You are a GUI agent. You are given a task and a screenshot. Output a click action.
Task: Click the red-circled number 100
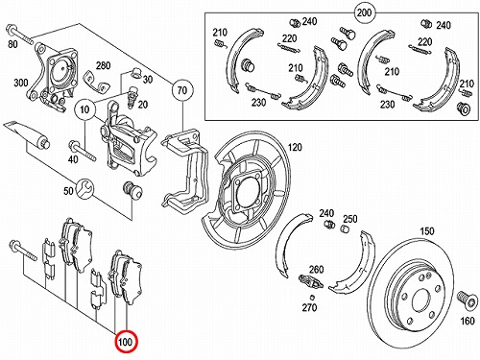(126, 342)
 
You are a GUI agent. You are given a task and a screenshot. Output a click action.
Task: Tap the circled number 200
(364, 12)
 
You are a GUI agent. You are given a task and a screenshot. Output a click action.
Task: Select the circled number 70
(182, 90)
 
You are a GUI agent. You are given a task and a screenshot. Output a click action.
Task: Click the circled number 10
(84, 109)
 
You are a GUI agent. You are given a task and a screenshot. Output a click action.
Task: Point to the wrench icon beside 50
(85, 189)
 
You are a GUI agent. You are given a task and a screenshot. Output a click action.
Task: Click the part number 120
(295, 147)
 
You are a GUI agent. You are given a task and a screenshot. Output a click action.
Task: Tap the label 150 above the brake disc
(427, 231)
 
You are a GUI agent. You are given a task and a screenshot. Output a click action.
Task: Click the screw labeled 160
(466, 300)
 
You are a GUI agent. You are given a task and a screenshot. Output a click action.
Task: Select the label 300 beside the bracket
(21, 84)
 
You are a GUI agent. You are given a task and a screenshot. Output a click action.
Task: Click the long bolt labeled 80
(19, 36)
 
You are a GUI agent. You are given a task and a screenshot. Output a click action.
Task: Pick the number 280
(103, 65)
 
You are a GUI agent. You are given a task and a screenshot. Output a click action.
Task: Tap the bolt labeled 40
(83, 150)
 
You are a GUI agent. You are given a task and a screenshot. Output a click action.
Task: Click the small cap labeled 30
(136, 73)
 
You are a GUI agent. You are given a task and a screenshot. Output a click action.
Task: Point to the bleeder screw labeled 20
(132, 97)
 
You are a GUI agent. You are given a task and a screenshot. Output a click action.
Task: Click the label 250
(350, 219)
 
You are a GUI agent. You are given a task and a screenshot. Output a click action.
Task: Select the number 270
(309, 307)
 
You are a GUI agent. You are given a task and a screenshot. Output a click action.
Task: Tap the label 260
(316, 270)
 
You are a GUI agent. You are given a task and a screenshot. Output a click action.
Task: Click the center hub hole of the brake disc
(422, 301)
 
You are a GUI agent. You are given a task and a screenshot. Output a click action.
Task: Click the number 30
(148, 79)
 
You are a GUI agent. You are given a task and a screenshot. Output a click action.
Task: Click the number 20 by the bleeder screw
(143, 105)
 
